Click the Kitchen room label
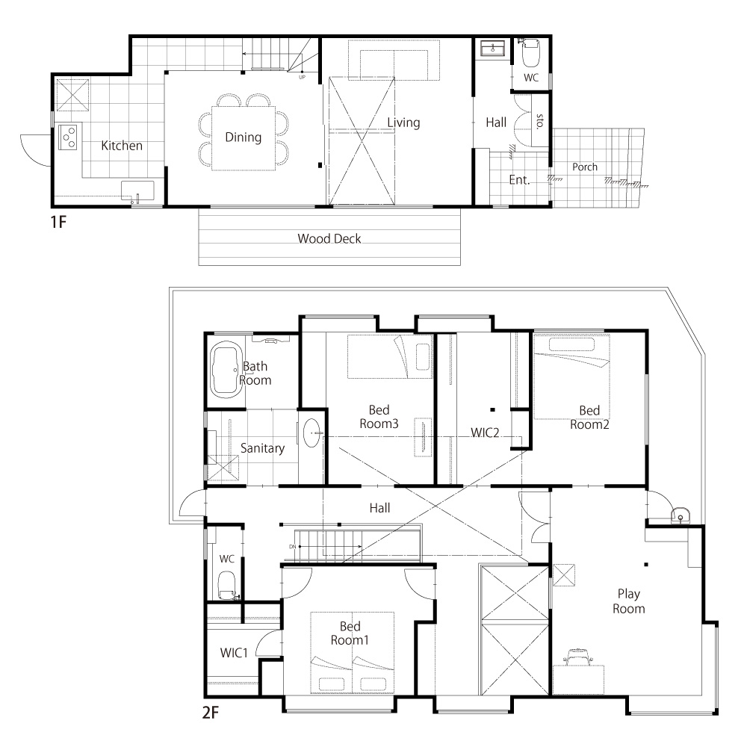pos(122,146)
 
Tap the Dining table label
pos(243,137)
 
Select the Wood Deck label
pos(329,238)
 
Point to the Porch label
pos(585,167)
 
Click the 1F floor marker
pos(58,222)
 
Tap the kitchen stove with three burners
pos(68,137)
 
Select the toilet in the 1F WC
pos(530,53)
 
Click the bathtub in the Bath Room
pos(226,370)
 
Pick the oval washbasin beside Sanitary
pos(312,433)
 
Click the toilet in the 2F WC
pos(227,585)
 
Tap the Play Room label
pos(628,601)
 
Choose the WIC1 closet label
pos(234,653)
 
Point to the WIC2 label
pos(485,433)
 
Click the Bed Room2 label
pos(589,418)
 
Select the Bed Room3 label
pos(379,417)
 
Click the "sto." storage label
pos(540,121)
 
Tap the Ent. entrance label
pos(519,179)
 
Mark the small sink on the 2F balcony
pos(680,515)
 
